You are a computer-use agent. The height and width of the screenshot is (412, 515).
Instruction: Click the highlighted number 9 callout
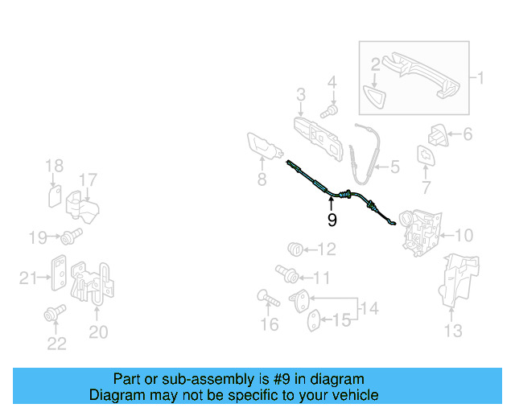click(x=332, y=219)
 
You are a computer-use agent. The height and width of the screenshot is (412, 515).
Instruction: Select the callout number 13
click(x=454, y=330)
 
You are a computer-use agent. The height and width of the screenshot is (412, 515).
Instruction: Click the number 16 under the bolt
click(x=270, y=324)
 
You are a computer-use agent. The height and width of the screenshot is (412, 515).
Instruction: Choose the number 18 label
click(x=54, y=167)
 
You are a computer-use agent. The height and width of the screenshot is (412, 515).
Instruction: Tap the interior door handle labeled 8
click(x=263, y=148)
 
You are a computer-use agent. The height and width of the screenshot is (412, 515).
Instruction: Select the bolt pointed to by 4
click(x=328, y=109)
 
